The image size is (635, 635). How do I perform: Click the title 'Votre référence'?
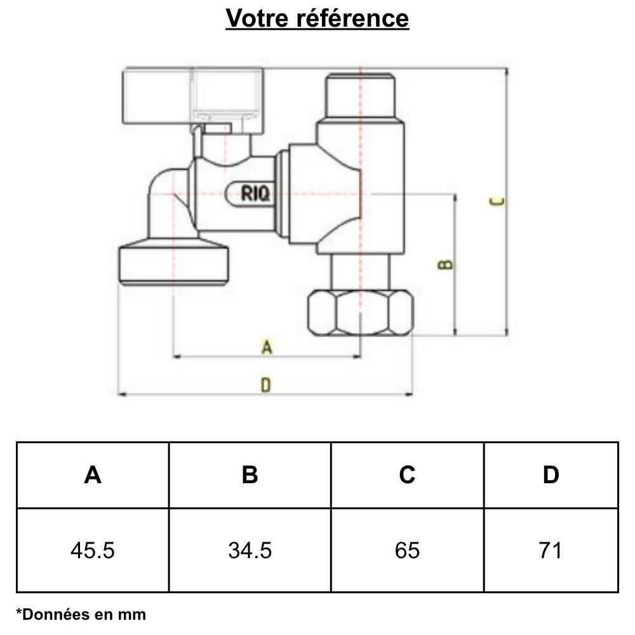[317, 18]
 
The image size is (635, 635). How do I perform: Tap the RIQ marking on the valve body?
[255, 193]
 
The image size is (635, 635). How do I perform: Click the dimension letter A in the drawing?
[267, 347]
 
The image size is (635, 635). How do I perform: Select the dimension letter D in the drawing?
[265, 385]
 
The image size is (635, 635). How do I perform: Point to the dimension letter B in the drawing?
[446, 264]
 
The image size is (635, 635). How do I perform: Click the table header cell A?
[93, 474]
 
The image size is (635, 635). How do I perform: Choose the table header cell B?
[250, 474]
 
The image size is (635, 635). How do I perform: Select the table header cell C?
[407, 474]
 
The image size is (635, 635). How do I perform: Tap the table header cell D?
[551, 474]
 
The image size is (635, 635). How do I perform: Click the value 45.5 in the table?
[93, 551]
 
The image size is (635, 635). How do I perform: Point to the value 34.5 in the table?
[250, 551]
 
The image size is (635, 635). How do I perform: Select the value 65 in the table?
[407, 551]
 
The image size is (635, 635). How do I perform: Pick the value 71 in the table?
[551, 551]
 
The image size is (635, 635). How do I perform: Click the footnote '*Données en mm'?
[81, 614]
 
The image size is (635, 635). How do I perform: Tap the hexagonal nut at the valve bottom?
[361, 312]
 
